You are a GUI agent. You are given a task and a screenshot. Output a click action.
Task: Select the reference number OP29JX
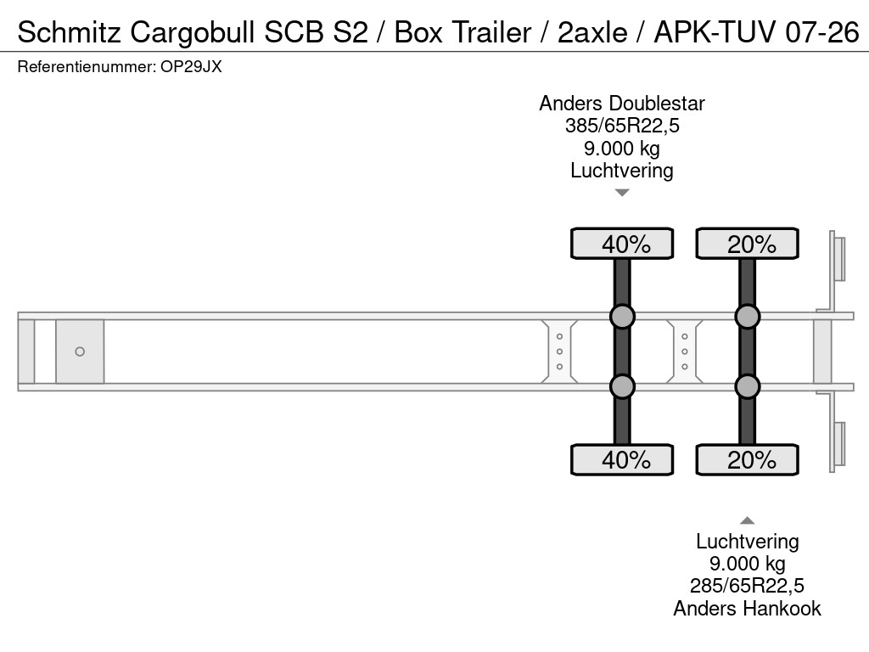click(191, 67)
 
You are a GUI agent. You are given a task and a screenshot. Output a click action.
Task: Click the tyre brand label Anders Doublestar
click(622, 104)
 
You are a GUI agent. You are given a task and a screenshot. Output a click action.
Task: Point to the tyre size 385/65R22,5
click(622, 126)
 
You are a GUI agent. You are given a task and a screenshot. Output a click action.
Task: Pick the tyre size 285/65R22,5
click(747, 586)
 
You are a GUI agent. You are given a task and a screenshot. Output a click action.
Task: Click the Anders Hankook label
click(747, 609)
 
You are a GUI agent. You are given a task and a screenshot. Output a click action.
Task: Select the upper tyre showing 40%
click(622, 244)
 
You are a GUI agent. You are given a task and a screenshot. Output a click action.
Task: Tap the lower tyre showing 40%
click(622, 459)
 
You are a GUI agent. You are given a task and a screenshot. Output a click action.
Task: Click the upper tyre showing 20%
click(747, 244)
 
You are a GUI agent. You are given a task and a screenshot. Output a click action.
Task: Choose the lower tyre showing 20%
click(747, 459)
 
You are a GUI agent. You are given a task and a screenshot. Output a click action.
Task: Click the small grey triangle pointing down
click(622, 193)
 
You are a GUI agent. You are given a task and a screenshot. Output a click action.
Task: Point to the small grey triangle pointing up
click(747, 520)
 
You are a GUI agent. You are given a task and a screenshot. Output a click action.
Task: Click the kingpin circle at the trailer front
click(80, 351)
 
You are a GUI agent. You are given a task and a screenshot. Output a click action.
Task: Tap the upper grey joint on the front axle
click(622, 317)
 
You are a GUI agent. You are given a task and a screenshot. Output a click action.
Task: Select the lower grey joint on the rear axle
click(748, 386)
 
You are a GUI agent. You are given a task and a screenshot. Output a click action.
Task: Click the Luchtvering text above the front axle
click(622, 171)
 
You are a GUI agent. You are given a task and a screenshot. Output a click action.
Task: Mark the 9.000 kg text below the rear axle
click(747, 564)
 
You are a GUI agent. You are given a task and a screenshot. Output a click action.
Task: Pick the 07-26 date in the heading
click(822, 32)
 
